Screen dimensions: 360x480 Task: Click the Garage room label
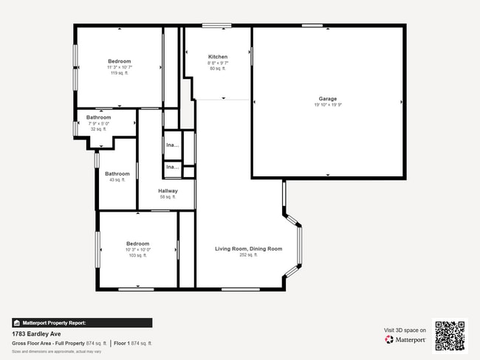click(328, 98)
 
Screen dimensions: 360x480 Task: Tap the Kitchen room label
click(218, 57)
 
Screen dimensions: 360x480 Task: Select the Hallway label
click(168, 191)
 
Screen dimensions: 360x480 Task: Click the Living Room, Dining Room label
click(248, 249)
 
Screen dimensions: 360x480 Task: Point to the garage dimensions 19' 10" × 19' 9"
click(328, 105)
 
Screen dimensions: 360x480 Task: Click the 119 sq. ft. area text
click(119, 73)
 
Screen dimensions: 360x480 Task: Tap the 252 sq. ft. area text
click(248, 255)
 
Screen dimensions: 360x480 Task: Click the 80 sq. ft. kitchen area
click(218, 69)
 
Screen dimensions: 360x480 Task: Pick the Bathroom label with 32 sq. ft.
click(98, 117)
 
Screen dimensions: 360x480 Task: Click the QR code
click(450, 336)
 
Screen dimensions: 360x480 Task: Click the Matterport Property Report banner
click(82, 322)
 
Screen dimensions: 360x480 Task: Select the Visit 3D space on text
click(405, 330)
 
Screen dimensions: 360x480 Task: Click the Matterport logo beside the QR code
click(405, 340)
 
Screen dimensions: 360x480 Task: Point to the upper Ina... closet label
click(172, 145)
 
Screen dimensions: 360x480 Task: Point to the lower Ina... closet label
click(172, 167)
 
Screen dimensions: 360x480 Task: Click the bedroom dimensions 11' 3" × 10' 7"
click(119, 67)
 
